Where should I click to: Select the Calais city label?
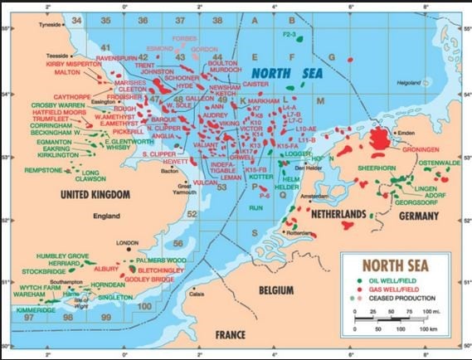(197, 294)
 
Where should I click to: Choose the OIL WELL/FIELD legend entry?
(401, 280)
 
